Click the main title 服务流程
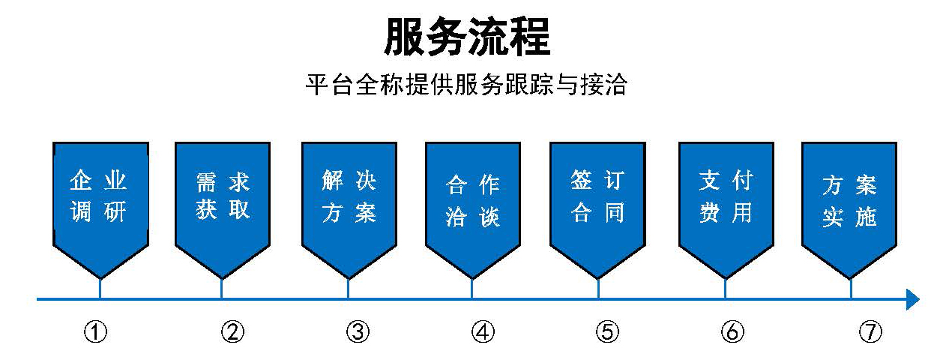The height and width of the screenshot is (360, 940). coord(467,37)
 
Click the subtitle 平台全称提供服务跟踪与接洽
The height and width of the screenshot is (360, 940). coord(466,85)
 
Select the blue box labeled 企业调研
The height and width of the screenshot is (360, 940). coord(100,210)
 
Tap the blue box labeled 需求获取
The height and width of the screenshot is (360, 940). coord(223,210)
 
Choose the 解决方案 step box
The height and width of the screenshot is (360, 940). coord(349,210)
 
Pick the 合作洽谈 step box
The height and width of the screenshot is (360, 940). coord(473,210)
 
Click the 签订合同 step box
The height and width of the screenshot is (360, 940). coord(597,210)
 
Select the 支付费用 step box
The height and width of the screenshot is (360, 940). coord(726,210)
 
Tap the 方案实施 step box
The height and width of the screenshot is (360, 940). coord(849,210)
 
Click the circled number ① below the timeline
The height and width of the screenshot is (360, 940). coord(96,331)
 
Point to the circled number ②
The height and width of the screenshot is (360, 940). coord(232,331)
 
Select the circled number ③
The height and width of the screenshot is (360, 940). coord(358,331)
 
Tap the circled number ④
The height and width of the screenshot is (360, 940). coord(483,331)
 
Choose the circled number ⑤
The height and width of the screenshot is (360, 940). coord(608,331)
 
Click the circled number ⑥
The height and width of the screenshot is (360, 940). coord(732,331)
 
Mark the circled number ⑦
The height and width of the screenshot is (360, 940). coord(870,331)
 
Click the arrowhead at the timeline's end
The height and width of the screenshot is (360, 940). coord(913,299)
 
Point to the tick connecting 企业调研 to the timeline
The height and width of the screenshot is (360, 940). coord(100,289)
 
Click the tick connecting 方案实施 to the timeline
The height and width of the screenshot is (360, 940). coord(851,289)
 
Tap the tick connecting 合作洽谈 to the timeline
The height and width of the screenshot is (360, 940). coord(472,289)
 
